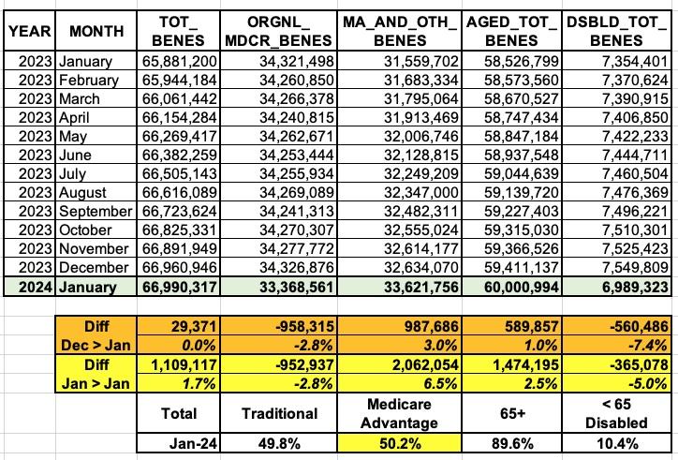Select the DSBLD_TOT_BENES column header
tap(620, 31)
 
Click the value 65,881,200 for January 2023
tap(180, 61)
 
